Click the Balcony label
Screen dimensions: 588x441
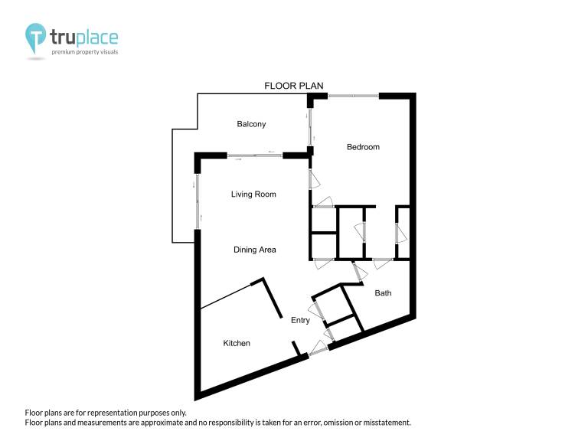click(x=251, y=124)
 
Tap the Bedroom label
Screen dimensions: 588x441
click(x=363, y=147)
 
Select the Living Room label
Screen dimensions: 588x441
click(x=253, y=194)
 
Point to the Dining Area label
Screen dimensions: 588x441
click(x=255, y=250)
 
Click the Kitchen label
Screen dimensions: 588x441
click(x=237, y=343)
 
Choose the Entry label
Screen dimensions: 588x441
click(x=300, y=320)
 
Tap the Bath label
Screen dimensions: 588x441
click(x=383, y=293)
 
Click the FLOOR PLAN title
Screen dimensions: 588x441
click(x=294, y=86)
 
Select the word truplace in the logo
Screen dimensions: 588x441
click(x=84, y=38)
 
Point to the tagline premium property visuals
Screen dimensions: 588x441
click(x=85, y=52)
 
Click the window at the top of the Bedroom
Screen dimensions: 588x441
click(x=353, y=96)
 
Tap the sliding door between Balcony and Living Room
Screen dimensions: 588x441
click(x=255, y=155)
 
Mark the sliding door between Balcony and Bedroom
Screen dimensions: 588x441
click(x=310, y=127)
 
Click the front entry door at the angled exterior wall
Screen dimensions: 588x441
click(x=318, y=348)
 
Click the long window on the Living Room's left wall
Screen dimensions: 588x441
click(x=198, y=201)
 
